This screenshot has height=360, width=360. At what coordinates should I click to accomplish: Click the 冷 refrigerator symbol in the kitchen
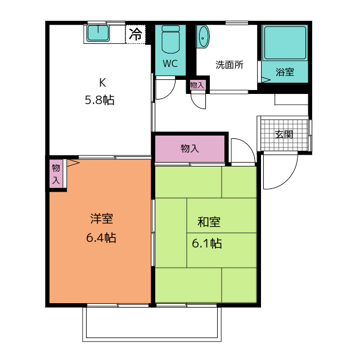136,34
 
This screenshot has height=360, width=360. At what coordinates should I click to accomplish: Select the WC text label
170,64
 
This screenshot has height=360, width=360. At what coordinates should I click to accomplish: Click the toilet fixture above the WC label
170,40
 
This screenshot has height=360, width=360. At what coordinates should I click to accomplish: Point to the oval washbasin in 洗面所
203,37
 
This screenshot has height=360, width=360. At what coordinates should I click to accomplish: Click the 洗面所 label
229,64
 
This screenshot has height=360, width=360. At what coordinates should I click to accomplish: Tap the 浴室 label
285,72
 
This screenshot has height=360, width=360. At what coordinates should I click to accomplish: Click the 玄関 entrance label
284,134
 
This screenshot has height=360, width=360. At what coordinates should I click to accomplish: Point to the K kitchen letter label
102,83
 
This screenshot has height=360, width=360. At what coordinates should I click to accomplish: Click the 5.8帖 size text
100,101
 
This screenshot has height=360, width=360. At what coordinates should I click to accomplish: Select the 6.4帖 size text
101,238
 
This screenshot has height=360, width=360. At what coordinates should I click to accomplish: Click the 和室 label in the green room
208,222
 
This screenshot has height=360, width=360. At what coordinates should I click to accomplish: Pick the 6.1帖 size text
206,244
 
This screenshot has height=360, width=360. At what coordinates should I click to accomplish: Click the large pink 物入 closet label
190,148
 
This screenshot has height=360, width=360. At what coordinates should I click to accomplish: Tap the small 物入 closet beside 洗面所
197,85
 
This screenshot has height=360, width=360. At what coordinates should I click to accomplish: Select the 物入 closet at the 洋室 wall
56,174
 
